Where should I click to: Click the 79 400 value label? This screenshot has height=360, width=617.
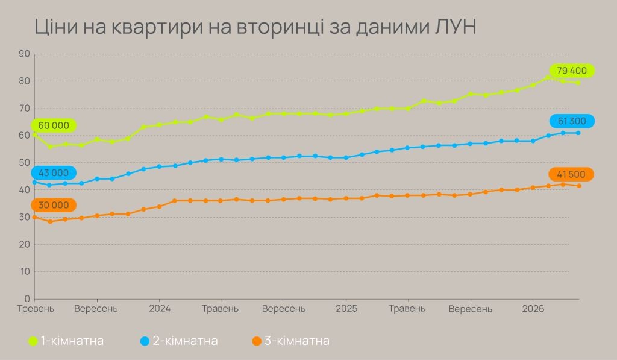[572, 71]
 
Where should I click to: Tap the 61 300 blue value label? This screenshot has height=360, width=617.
[572, 121]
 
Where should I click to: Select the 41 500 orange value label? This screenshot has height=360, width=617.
[571, 174]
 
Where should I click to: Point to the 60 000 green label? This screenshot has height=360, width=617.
[54, 125]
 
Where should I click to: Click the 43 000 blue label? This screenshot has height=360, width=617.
[53, 172]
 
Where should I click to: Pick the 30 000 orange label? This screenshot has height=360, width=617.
[54, 205]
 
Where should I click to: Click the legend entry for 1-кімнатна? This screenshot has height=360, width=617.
[66, 341]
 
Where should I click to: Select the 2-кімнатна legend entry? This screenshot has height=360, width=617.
[179, 341]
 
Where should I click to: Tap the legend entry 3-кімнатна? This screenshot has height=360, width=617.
[291, 341]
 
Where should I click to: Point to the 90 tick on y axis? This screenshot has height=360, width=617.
[25, 54]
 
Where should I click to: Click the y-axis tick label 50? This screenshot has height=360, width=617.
[25, 163]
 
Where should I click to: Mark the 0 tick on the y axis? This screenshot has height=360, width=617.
[27, 298]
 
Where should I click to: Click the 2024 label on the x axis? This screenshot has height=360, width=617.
[159, 309]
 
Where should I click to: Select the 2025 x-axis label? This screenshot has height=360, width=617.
[346, 309]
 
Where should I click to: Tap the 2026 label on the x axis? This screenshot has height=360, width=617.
[533, 309]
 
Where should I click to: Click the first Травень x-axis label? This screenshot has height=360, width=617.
[36, 309]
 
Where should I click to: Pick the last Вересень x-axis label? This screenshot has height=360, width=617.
[471, 309]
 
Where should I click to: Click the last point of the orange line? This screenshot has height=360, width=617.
[578, 186]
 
